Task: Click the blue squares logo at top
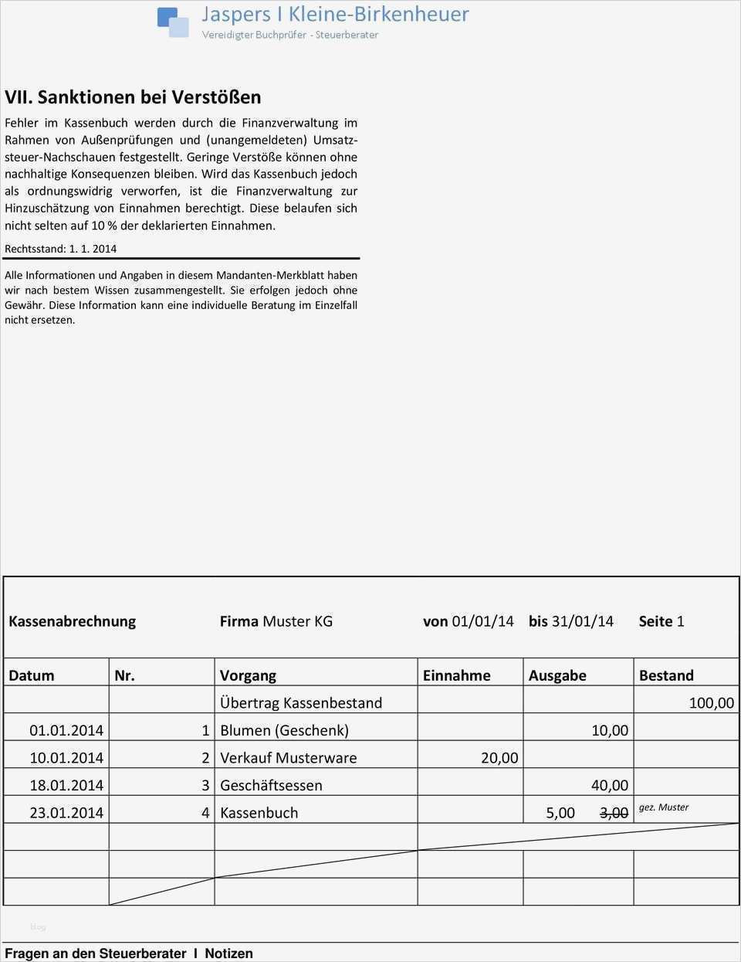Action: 173,22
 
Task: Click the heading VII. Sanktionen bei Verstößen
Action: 133,97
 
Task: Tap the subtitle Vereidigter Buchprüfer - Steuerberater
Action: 289,35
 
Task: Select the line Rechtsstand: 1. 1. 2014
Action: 60,249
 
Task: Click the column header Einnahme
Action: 456,675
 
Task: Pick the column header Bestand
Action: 665,675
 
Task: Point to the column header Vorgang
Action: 248,675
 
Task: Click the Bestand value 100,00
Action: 711,703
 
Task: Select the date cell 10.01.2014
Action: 66,758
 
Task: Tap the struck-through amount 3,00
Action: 614,813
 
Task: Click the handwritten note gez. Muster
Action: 663,807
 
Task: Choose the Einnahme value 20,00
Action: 499,758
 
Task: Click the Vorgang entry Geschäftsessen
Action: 271,785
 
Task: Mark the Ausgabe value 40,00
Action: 609,785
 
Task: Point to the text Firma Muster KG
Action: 276,621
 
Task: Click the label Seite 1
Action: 661,621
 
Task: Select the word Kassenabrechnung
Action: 72,621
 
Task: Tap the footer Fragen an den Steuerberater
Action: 95,954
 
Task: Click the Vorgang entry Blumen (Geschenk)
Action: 284,730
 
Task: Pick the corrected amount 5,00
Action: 560,813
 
